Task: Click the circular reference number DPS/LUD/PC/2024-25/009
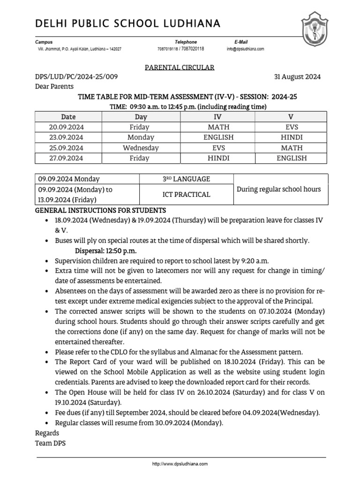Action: tap(76, 77)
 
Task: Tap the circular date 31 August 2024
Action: tap(297, 77)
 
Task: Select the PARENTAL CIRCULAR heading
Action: tap(179, 67)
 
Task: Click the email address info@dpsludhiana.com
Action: tap(246, 49)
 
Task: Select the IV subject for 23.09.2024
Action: tap(218, 137)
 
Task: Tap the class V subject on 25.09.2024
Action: tap(292, 148)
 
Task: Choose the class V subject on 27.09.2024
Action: tap(292, 158)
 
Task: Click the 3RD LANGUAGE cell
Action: tap(186, 179)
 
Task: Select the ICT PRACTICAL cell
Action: tap(186, 195)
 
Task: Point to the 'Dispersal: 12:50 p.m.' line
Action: tap(106, 251)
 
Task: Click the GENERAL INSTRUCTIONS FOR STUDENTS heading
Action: tap(100, 210)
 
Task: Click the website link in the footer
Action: tap(180, 464)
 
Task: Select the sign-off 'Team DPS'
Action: tap(51, 442)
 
